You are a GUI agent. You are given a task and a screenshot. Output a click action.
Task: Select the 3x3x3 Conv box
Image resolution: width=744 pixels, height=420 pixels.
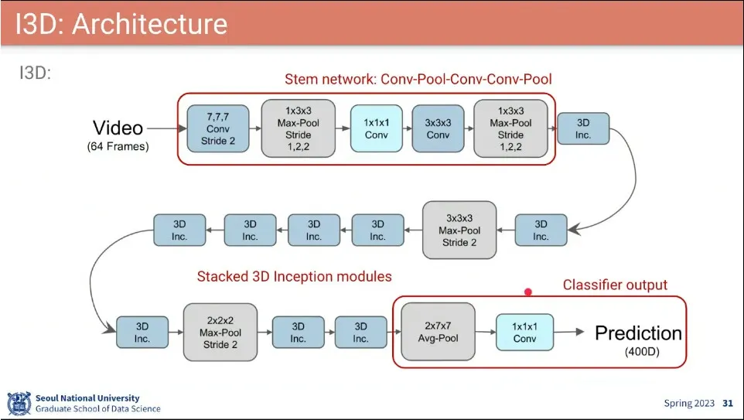coord(438,128)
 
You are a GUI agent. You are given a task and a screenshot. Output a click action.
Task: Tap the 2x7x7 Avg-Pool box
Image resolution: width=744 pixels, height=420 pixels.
coord(438,331)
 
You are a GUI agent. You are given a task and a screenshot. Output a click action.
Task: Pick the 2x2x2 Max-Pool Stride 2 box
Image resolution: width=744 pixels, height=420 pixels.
coord(220,331)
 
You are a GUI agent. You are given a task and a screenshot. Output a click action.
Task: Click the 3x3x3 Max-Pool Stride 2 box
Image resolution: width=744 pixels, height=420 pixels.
coord(459,230)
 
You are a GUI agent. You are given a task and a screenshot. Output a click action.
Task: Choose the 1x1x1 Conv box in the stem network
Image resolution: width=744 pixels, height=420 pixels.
coord(376,128)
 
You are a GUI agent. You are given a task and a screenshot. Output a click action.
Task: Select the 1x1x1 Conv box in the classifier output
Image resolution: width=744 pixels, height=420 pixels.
coord(524,332)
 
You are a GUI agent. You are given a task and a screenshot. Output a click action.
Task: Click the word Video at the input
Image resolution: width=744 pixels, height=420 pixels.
coord(118,128)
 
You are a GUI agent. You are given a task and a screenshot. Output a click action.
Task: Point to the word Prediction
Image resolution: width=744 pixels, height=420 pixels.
coord(638,333)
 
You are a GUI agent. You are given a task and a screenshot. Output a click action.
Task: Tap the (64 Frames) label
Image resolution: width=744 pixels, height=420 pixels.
coord(118,146)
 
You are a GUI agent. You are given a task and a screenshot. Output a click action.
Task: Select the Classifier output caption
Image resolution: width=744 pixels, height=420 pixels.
coord(614,285)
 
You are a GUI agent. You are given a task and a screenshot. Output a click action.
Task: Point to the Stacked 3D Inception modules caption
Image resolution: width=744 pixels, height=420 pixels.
coord(294,276)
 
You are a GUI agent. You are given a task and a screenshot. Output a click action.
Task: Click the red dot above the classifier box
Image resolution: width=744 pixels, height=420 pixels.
coord(528,292)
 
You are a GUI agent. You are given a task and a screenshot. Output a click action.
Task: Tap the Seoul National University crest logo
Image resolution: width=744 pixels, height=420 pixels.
coord(19,403)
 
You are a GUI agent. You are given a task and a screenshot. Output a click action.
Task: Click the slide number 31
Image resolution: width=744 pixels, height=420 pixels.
coord(727,403)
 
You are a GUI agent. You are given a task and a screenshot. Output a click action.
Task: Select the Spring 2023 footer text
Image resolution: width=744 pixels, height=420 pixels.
coord(690,403)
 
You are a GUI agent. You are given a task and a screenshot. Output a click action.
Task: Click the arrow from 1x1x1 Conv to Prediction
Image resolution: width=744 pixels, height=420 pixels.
coord(569,332)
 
